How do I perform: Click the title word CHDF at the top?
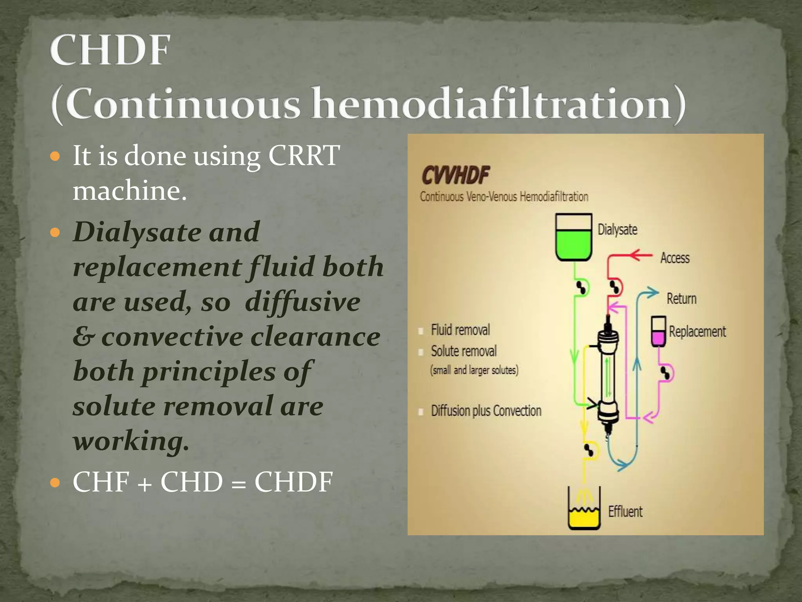(110, 50)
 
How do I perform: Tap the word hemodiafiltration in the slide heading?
(491, 103)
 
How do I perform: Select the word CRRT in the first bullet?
(303, 156)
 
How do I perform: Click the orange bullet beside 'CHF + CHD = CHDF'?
(56, 482)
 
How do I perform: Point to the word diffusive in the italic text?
(302, 302)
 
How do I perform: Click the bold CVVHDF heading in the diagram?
(455, 175)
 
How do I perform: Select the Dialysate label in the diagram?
(617, 229)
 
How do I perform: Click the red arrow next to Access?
(641, 256)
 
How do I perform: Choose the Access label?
(675, 258)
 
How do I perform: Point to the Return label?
(681, 299)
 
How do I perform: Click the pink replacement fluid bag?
(658, 332)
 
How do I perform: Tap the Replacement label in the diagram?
(697, 332)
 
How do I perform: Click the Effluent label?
(625, 511)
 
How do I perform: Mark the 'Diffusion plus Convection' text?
(486, 411)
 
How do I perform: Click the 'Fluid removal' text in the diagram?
(460, 330)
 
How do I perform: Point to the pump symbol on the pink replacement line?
(666, 373)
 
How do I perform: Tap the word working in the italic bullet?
(131, 441)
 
